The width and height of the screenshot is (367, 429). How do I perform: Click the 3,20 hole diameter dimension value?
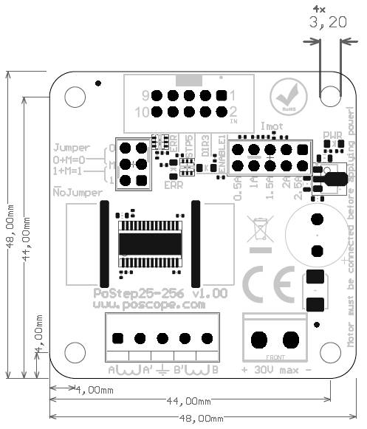329,23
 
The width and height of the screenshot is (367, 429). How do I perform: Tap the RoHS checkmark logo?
285,97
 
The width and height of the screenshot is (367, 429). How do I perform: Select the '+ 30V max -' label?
275,369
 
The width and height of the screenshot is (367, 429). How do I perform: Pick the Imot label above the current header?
271,128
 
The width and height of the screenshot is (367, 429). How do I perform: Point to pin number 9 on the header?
145,95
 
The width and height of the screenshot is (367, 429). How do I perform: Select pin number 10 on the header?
143,112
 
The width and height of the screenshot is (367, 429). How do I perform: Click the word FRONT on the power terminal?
275,357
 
